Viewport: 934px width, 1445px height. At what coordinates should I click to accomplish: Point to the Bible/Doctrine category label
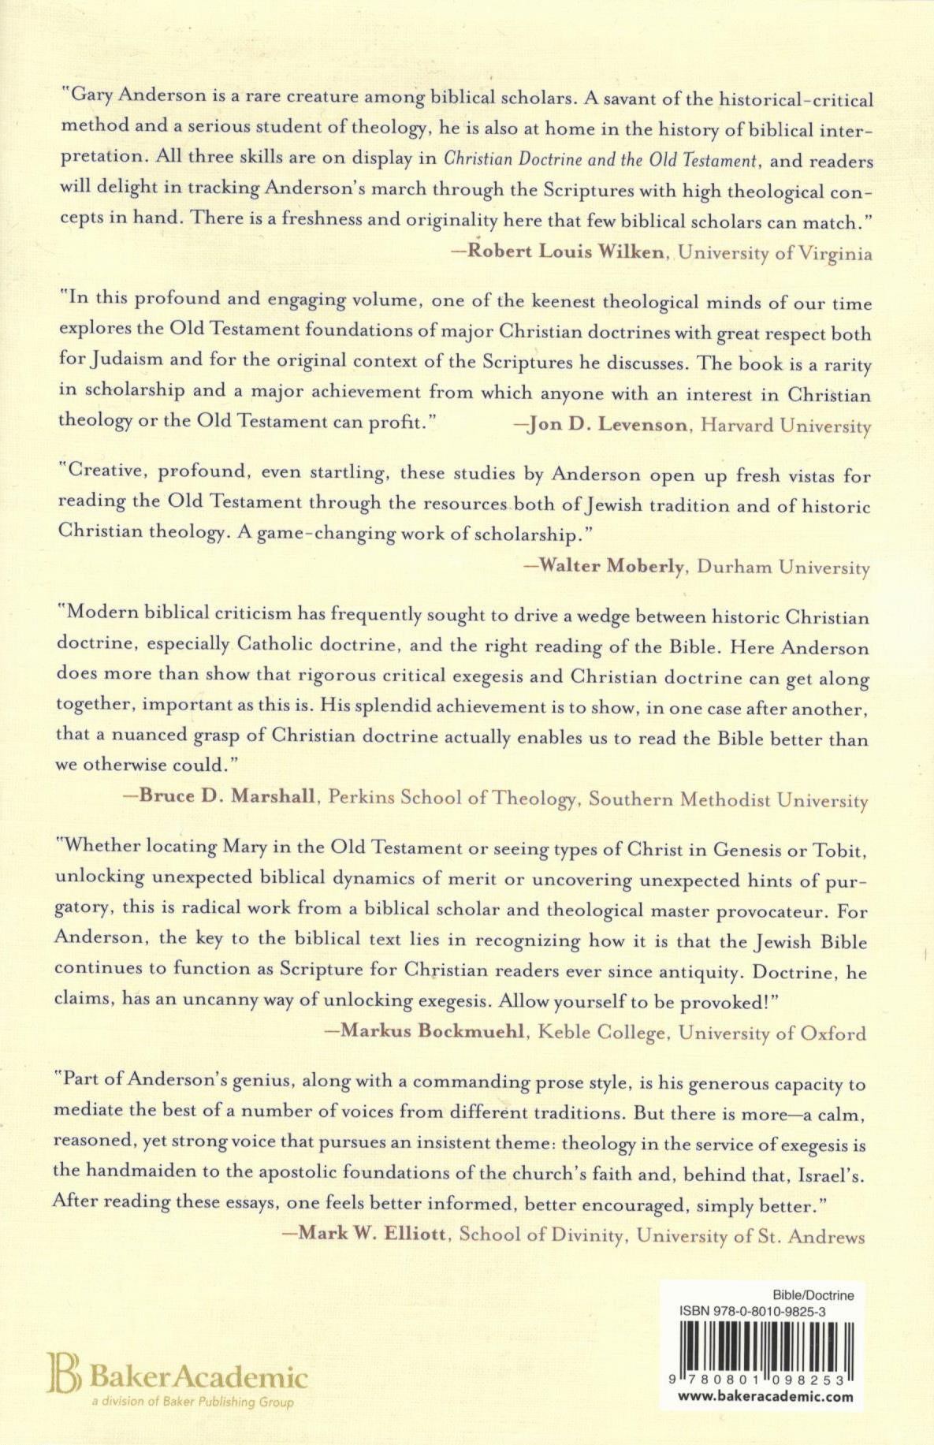(813, 1295)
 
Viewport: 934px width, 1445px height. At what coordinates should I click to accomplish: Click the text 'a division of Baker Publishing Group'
(192, 1402)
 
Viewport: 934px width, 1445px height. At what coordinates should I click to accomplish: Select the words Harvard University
(786, 426)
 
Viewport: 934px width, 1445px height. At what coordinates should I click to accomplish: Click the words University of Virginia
(776, 253)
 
